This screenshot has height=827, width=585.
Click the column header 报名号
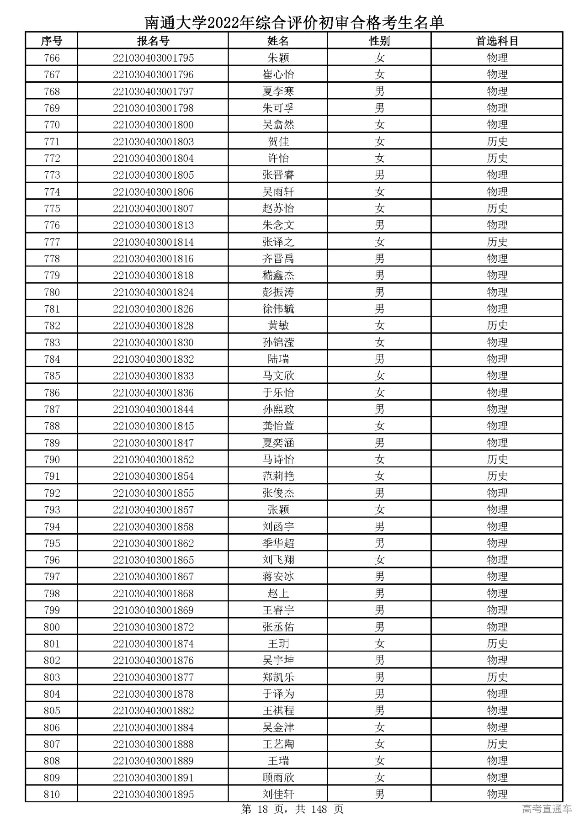(x=153, y=41)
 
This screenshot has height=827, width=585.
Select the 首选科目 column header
(x=497, y=41)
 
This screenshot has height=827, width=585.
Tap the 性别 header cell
(x=379, y=41)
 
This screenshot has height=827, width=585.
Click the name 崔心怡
(x=278, y=74)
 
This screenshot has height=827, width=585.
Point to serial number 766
(x=52, y=58)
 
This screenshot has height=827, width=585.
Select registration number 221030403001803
(x=153, y=142)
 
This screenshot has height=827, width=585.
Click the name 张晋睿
(x=278, y=175)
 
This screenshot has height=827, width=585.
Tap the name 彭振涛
(x=278, y=292)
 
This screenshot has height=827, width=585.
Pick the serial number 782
(x=52, y=326)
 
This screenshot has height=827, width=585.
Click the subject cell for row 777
(x=497, y=242)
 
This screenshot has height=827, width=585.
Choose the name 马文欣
(x=278, y=376)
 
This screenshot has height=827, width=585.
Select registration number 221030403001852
(x=153, y=460)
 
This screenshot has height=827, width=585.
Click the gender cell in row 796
(x=379, y=560)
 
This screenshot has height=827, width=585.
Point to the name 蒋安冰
(x=278, y=577)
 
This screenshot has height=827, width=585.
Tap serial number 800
(x=52, y=627)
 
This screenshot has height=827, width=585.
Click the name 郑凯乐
(x=278, y=677)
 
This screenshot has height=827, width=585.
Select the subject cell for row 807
(x=497, y=744)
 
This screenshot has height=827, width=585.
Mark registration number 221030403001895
(x=153, y=795)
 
